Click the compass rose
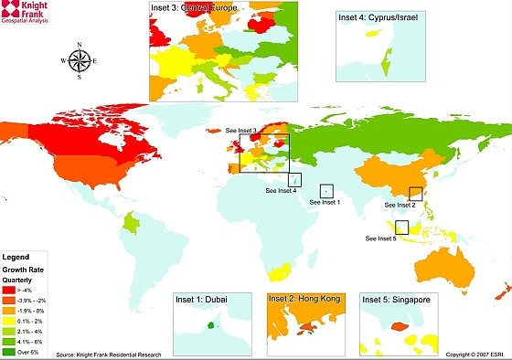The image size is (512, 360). pos(80,61)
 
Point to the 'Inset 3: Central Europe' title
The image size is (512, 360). pos(192,8)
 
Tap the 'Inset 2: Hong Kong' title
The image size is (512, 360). pos(297,299)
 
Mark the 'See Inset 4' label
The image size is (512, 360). pos(281,191)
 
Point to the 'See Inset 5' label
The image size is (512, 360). pos(380,238)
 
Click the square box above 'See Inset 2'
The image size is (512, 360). pos(416,194)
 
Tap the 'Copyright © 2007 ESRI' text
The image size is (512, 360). pos(475,354)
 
